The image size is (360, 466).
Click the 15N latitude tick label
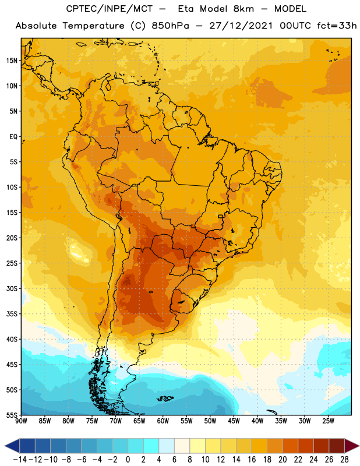click(12, 61)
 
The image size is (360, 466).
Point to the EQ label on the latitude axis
click(13, 137)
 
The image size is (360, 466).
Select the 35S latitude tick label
click(12, 314)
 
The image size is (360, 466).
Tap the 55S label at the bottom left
click(12, 415)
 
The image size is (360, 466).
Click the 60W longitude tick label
click(163, 421)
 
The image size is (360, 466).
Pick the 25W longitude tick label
click(328, 421)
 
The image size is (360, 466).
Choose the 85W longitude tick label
click(45, 421)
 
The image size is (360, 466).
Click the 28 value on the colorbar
click(344, 460)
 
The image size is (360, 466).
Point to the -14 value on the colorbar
click(20, 460)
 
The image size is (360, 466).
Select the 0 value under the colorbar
click(128, 460)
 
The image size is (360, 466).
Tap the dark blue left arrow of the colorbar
click(12, 446)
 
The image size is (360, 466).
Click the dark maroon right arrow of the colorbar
click(352, 446)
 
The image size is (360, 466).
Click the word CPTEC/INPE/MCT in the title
click(110, 9)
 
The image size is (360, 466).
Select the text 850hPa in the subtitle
click(170, 26)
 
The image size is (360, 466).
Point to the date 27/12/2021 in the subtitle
click(241, 26)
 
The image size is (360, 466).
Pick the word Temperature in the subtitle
click(93, 26)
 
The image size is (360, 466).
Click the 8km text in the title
click(243, 9)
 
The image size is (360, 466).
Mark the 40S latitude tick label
click(12, 339)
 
